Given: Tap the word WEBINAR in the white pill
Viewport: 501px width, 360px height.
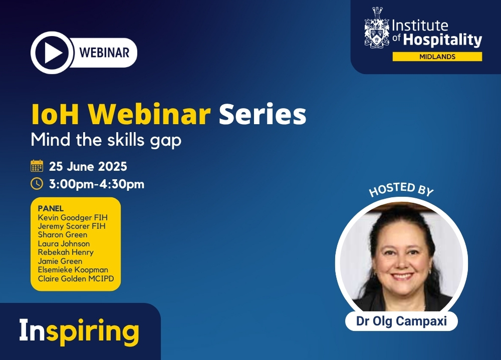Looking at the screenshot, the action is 104,53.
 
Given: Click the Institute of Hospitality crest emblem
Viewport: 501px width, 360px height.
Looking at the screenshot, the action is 377,28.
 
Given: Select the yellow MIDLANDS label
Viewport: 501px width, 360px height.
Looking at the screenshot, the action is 437,57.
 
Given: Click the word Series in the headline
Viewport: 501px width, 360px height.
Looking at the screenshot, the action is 263,114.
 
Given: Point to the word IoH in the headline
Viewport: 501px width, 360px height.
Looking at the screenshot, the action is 55,114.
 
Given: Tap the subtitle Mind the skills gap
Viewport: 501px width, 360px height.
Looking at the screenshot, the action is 106,140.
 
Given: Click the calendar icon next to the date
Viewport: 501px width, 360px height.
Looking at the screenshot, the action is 37,166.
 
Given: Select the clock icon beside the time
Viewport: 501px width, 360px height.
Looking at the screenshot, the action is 37,184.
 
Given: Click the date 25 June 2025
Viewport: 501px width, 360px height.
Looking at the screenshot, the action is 88,166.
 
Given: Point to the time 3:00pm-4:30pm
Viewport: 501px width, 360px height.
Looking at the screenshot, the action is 97,184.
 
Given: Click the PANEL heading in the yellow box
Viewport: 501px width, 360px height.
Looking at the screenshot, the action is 51,208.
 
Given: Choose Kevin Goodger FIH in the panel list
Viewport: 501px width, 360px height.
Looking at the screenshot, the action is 73,217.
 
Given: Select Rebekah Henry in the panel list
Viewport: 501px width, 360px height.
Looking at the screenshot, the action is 66,252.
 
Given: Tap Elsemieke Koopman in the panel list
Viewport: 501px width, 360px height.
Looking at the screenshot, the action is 73,269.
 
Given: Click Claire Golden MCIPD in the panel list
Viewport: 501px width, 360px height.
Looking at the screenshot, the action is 76,278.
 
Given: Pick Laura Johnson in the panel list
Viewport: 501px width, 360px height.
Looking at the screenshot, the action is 64,243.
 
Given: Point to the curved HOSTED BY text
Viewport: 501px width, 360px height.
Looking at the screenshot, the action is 401,189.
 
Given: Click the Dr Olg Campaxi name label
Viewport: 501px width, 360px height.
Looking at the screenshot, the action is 401,321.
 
